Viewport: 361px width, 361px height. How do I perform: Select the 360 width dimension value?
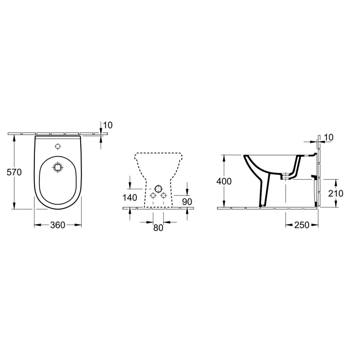[57, 225]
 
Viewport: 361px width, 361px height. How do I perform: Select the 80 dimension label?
[158, 228]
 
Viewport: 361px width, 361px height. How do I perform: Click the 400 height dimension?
[224, 181]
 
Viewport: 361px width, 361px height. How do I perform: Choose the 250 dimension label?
[302, 225]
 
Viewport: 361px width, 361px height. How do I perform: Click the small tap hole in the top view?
[58, 146]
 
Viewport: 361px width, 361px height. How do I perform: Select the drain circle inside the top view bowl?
[58, 167]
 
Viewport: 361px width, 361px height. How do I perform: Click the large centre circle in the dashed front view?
[158, 188]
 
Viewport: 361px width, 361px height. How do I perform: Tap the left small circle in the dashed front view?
[153, 195]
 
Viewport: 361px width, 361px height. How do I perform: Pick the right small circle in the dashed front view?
[163, 195]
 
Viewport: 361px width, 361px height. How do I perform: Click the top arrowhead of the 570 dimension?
[15, 138]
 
